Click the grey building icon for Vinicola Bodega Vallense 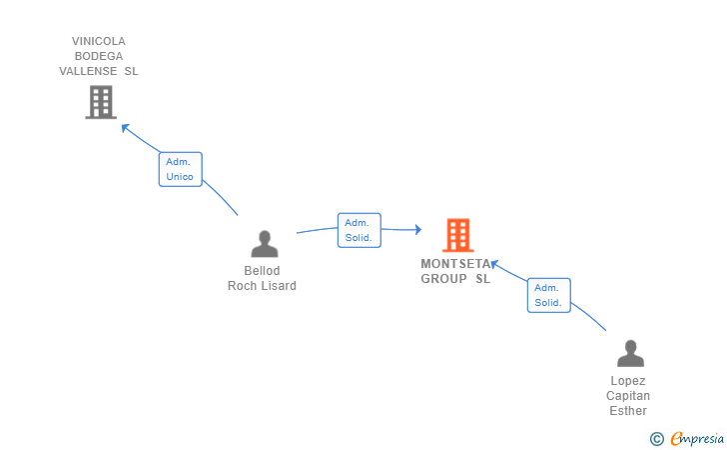pos(101,102)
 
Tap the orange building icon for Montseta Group pos(457,235)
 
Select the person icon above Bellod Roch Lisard pos(264,244)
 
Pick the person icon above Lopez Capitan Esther pos(629,354)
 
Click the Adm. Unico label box pos(180,169)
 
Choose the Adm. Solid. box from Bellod pos(359,230)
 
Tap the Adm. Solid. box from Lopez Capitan pos(548,295)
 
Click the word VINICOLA pos(99,41)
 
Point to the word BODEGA pos(99,56)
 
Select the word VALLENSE pos(87,71)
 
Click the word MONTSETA pos(455,264)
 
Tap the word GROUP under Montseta pos(443,279)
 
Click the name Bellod pos(262,271)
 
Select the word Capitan pos(628,396)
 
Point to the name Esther pos(628,411)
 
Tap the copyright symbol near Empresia pos(656,438)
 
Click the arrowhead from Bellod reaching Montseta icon pos(416,230)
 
